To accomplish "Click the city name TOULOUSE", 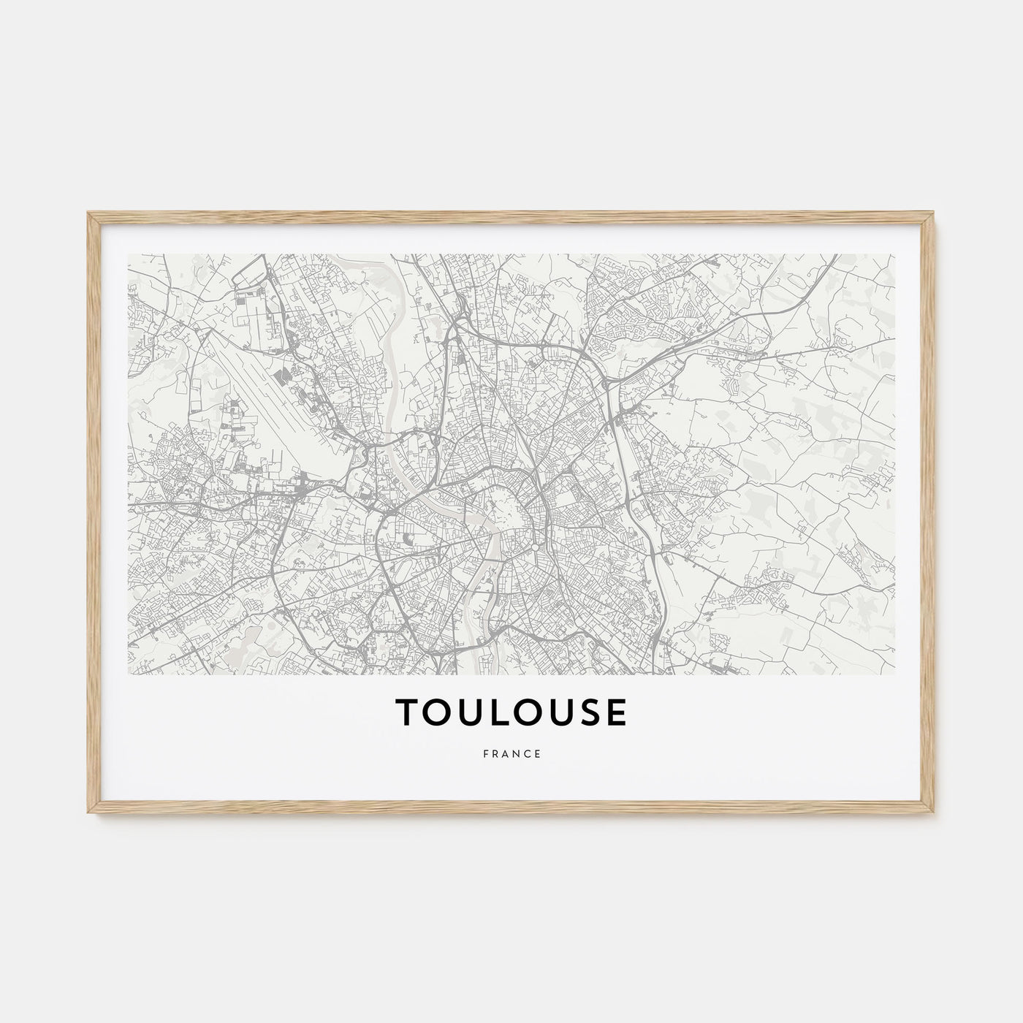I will pyautogui.click(x=511, y=713).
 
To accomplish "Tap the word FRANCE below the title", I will pyautogui.click(x=512, y=755).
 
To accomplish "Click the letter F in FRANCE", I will pyautogui.click(x=485, y=755).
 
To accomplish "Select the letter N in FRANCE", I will pyautogui.click(x=516, y=755).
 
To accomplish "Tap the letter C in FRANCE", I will pyautogui.click(x=527, y=755).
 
